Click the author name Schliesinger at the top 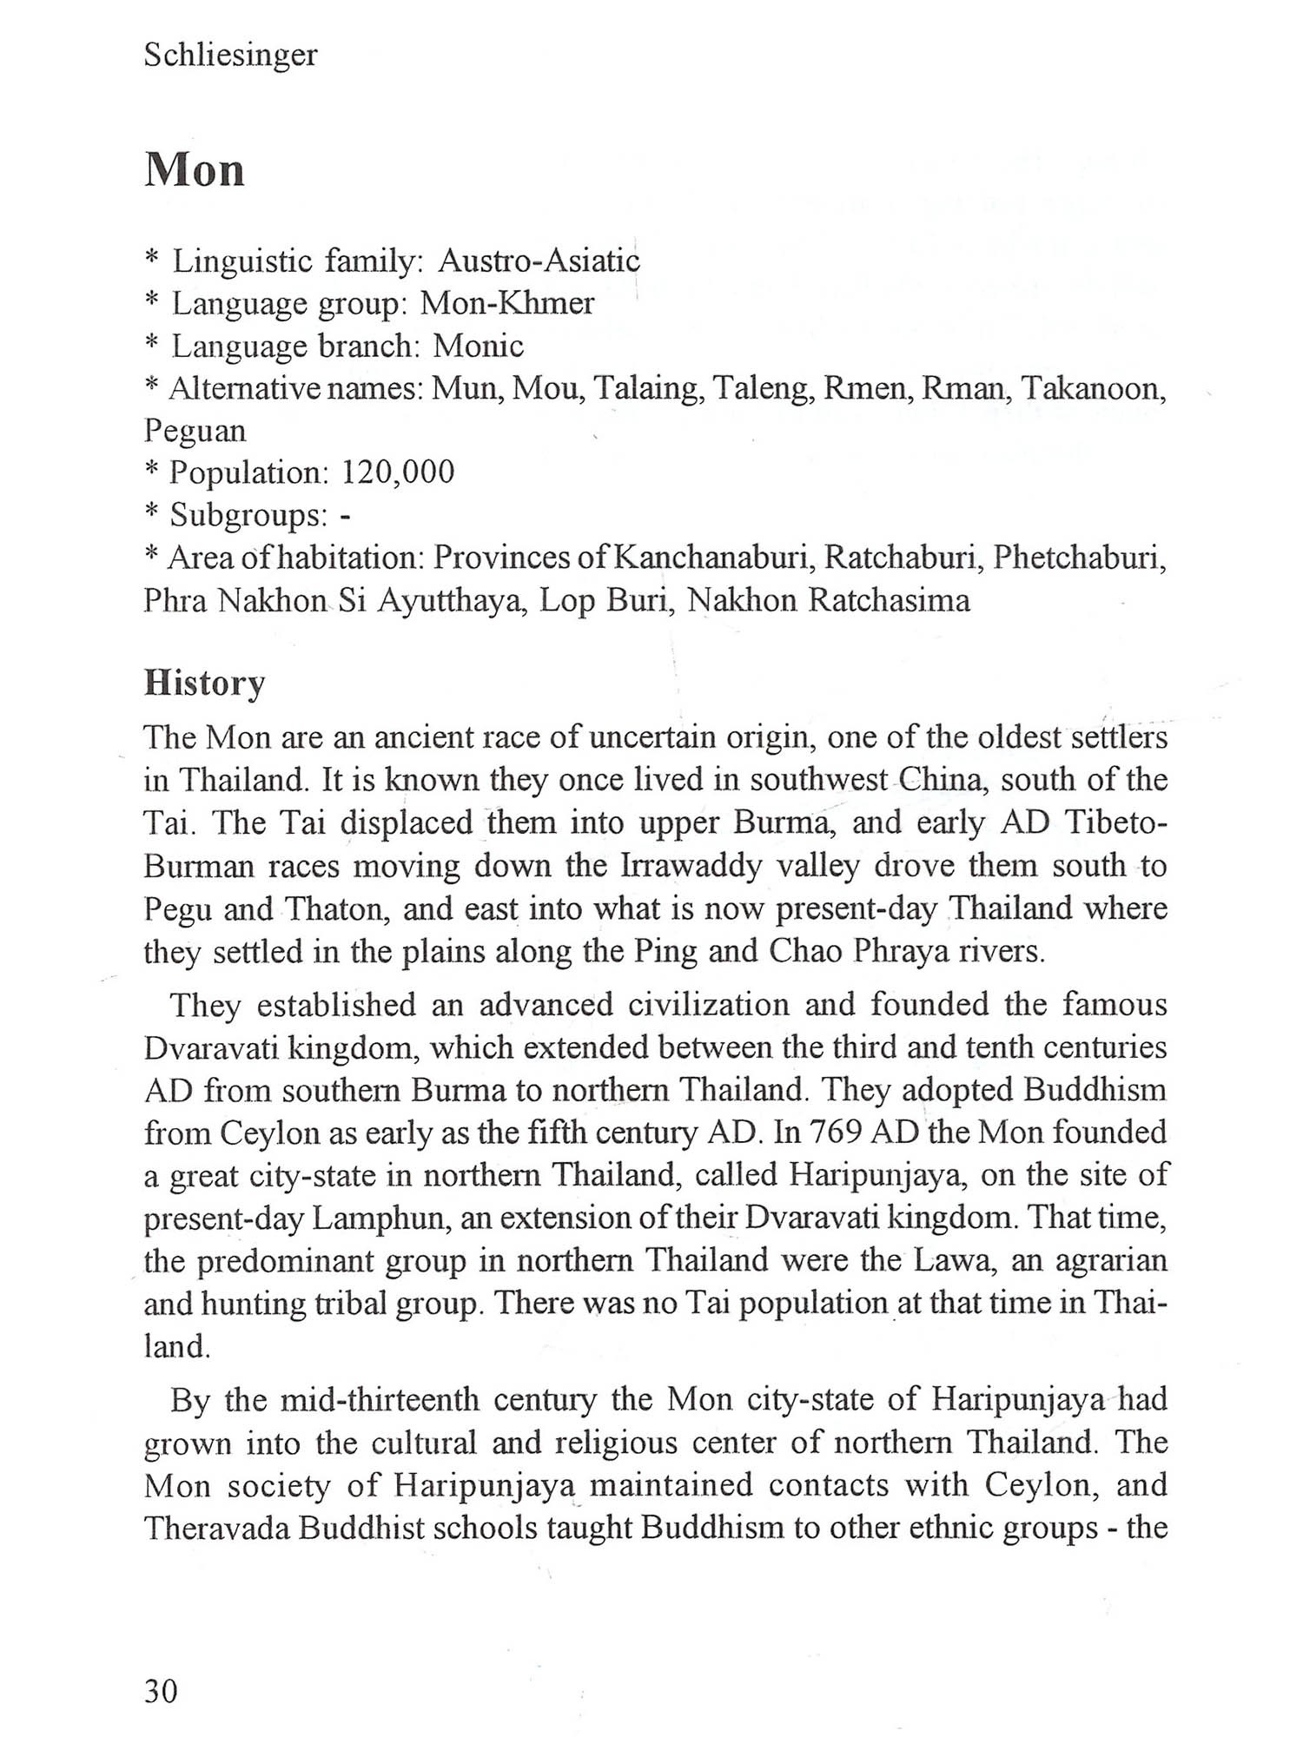point(230,56)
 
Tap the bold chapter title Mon point(195,169)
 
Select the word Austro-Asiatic point(539,261)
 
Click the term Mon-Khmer point(507,303)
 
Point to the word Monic point(479,346)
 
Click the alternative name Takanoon point(1093,388)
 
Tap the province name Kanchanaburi point(713,558)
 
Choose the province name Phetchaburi point(1079,558)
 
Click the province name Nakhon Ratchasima point(829,600)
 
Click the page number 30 point(161,1691)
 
